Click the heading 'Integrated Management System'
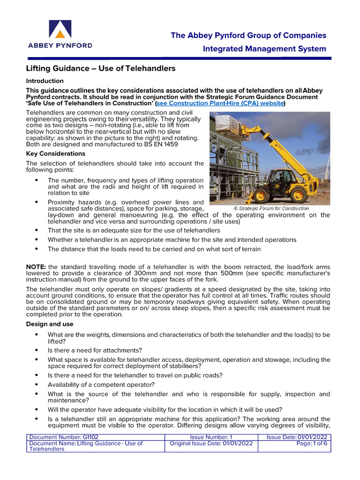264,49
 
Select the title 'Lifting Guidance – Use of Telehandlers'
101,68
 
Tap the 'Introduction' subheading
45,81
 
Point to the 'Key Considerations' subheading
55,153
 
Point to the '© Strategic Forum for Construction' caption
271,208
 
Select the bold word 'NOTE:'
36,267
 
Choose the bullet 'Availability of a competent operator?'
101,385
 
